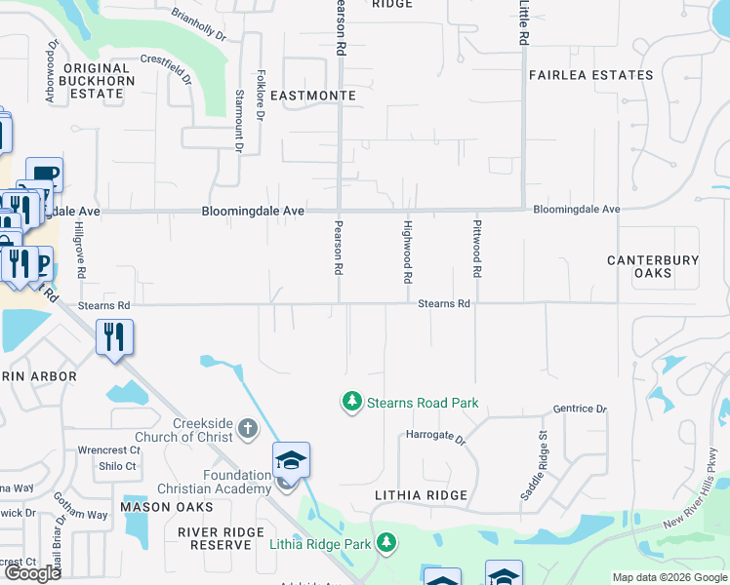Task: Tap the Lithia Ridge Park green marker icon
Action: click(x=387, y=542)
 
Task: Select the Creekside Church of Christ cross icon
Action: click(x=248, y=428)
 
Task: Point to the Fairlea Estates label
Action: click(x=590, y=75)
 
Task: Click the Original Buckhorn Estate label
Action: click(x=97, y=81)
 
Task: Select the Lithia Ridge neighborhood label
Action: click(x=416, y=495)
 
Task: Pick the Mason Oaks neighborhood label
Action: click(x=166, y=507)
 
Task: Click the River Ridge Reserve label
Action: click(x=221, y=537)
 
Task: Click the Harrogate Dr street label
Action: click(x=436, y=440)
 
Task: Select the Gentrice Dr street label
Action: click(x=580, y=409)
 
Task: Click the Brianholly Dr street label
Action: click(x=198, y=25)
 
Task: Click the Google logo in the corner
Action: click(x=33, y=573)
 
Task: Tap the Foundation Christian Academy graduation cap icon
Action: click(x=291, y=459)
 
